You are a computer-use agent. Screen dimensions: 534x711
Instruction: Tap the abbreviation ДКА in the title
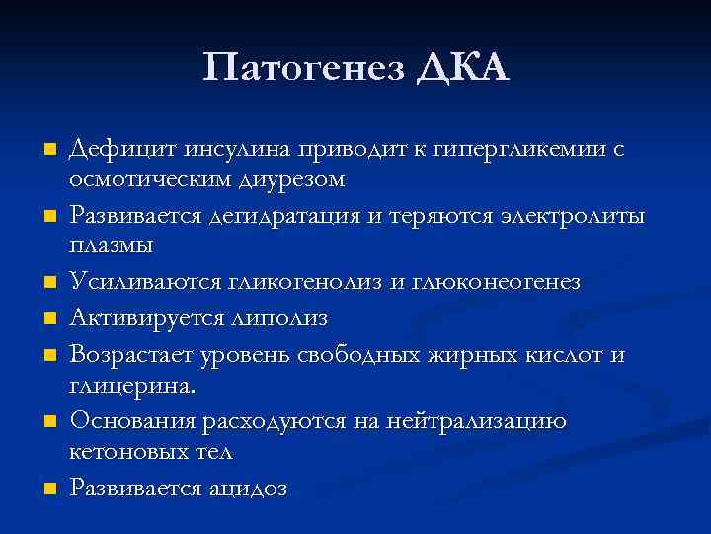[461, 69]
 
